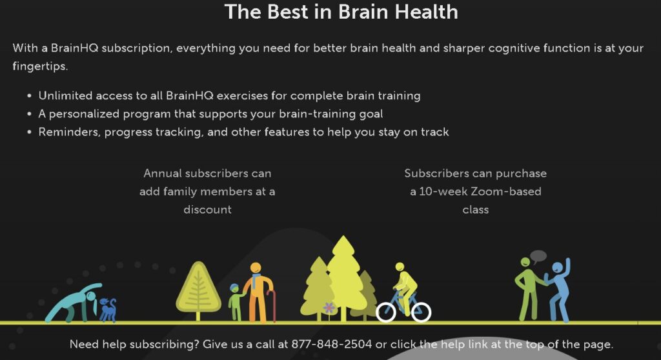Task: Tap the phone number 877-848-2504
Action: [331, 345]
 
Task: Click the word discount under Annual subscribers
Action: [207, 210]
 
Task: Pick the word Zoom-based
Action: [506, 192]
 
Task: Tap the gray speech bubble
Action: [538, 256]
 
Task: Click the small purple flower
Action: [329, 308]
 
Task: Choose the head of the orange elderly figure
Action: [256, 268]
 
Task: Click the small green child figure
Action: [236, 302]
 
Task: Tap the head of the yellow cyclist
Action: [400, 267]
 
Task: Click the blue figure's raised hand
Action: [567, 265]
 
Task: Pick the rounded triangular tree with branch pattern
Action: [198, 291]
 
